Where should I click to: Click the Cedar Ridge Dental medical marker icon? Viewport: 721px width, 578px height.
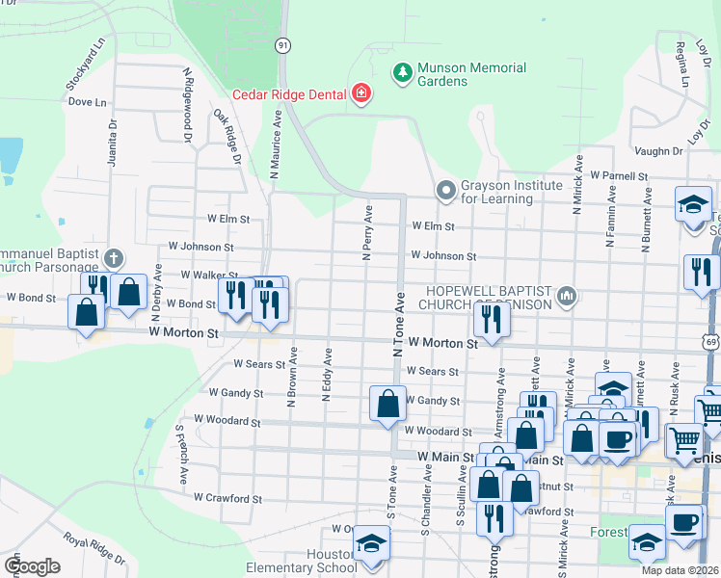coord(361,93)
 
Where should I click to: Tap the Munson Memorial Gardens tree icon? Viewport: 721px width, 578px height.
coord(402,72)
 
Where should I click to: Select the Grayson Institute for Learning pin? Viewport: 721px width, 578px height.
coord(444,190)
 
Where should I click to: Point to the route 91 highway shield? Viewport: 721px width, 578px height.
coord(282,45)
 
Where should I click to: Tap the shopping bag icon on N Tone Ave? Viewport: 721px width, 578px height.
coord(387,403)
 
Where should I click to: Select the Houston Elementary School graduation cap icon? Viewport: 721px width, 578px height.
coord(369,543)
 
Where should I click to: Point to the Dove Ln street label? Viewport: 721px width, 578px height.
coord(87,101)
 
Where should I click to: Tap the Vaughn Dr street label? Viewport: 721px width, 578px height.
coord(658,151)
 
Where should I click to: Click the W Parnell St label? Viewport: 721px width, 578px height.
coord(620,175)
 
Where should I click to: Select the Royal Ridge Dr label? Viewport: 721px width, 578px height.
coord(94,550)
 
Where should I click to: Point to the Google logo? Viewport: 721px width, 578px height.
coord(32,565)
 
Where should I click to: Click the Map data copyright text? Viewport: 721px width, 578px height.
coord(680,570)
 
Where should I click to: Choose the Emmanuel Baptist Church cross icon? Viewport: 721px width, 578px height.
coord(114,258)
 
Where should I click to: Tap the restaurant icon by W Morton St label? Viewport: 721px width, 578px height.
coord(493,318)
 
